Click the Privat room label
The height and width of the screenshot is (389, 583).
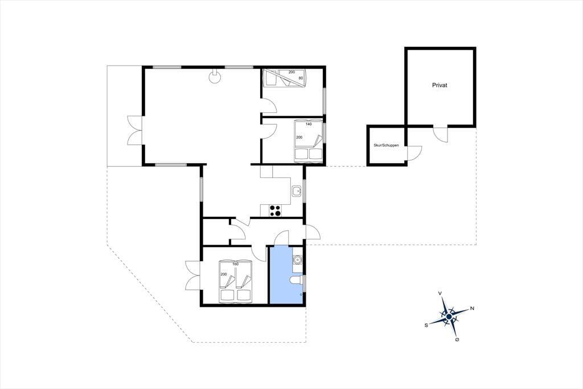point(440,86)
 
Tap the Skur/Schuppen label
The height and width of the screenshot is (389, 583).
point(386,145)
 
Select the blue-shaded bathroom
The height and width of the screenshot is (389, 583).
point(286,275)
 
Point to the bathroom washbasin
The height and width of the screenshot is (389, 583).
point(297,259)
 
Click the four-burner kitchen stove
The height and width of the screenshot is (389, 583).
point(275,210)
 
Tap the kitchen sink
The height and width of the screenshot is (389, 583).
point(296,191)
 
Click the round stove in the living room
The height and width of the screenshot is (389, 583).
point(214,77)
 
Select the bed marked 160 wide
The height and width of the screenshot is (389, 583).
point(236,281)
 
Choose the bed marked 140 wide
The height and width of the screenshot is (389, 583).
point(309,141)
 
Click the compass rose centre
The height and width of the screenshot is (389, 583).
point(449,317)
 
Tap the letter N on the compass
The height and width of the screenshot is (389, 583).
point(472,308)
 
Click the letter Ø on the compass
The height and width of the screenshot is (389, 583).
point(457,340)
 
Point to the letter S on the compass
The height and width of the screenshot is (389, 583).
point(426,325)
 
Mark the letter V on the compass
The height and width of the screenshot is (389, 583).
point(440,294)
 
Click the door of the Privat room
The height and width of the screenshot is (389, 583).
point(441,134)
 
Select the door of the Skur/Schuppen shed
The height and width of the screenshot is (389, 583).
point(414,153)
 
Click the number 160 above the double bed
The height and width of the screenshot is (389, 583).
point(235,264)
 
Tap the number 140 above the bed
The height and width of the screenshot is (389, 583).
point(308,124)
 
